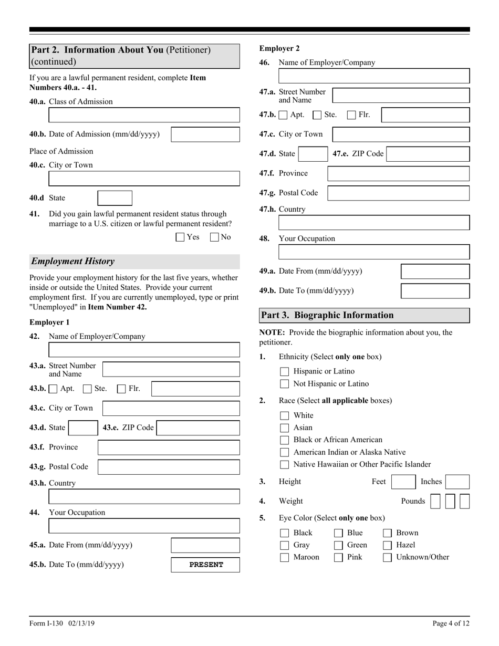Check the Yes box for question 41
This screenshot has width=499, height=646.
click(x=180, y=237)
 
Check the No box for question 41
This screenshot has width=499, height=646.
click(x=214, y=237)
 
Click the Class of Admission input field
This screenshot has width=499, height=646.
click(x=144, y=115)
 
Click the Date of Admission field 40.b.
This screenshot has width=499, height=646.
click(x=205, y=134)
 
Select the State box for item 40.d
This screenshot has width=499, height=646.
click(x=115, y=198)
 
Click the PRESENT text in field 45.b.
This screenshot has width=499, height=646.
click(x=206, y=565)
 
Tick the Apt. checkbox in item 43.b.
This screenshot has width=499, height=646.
click(x=54, y=389)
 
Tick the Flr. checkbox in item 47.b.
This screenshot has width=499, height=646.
click(x=352, y=115)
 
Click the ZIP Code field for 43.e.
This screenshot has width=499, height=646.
click(x=198, y=428)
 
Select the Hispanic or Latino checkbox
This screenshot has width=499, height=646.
click(x=285, y=372)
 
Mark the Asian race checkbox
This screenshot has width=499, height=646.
click(x=285, y=428)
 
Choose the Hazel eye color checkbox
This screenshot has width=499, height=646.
click(x=387, y=545)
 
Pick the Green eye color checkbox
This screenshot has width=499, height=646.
click(x=339, y=545)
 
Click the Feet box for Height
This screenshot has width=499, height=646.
click(x=404, y=482)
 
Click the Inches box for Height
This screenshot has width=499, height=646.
click(x=458, y=482)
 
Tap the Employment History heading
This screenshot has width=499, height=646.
click(x=73, y=262)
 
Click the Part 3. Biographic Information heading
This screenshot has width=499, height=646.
click(x=327, y=316)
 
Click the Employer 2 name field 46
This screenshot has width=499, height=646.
click(x=374, y=76)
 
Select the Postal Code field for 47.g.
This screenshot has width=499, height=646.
click(x=398, y=193)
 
